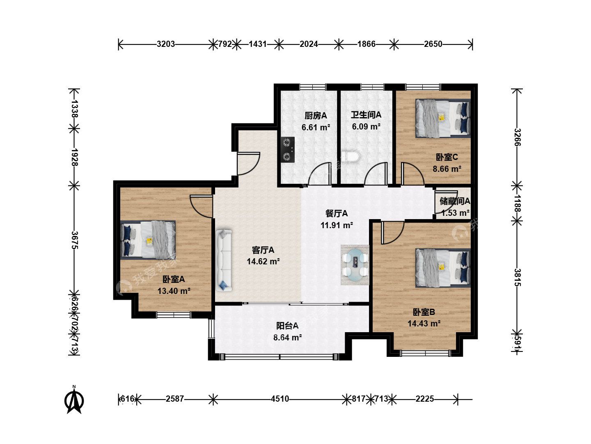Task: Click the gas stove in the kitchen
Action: click(x=288, y=150)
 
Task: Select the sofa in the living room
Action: click(x=224, y=260)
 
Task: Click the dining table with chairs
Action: click(x=355, y=265)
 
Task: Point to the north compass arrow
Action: click(x=74, y=400)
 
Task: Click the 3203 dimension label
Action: click(x=166, y=44)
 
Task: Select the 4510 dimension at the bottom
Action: click(x=280, y=399)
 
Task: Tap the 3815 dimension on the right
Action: click(x=518, y=277)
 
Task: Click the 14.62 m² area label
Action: click(x=263, y=261)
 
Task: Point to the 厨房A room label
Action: click(x=316, y=116)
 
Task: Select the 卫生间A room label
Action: click(x=366, y=115)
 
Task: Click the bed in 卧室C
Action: click(x=443, y=118)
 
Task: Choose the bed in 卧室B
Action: click(x=443, y=268)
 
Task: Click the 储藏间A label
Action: click(x=455, y=201)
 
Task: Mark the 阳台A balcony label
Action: click(x=287, y=326)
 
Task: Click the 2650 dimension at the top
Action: click(x=433, y=44)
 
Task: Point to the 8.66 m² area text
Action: click(x=447, y=169)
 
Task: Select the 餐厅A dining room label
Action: click(x=337, y=213)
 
